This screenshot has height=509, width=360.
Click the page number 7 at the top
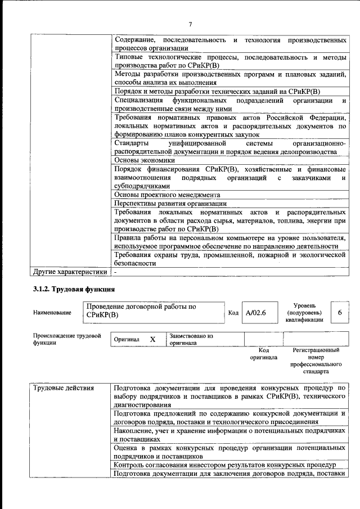[190, 24]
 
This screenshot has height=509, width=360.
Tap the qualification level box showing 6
[339, 312]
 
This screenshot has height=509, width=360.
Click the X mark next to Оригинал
[152, 340]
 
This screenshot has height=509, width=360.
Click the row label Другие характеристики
[70, 272]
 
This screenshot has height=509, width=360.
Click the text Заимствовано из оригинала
[191, 339]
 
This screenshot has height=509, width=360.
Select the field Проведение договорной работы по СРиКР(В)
[152, 312]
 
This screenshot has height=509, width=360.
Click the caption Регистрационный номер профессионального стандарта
[316, 361]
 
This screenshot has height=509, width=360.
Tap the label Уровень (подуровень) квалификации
[304, 312]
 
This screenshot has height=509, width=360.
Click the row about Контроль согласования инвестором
[224, 465]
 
